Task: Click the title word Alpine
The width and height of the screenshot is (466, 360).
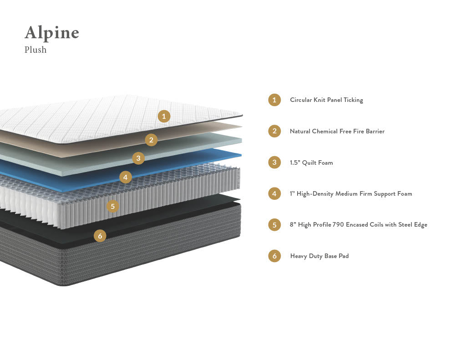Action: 52,33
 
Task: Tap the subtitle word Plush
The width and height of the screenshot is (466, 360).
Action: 35,50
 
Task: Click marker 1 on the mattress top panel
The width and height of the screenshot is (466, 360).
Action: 164,116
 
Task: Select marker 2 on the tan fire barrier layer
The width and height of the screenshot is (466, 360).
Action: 151,140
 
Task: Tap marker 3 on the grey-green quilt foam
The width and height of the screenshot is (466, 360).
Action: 138,158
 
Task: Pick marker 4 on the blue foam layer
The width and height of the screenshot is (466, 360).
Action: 126,177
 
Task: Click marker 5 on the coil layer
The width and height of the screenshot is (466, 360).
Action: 112,206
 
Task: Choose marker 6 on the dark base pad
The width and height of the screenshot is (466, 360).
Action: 100,236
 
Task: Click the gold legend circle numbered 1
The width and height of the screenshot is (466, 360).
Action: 274,100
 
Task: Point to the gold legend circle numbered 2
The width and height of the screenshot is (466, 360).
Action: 274,132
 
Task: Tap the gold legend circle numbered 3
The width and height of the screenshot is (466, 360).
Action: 274,162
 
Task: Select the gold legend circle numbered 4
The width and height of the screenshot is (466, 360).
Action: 274,194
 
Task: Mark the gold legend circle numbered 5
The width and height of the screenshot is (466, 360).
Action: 274,225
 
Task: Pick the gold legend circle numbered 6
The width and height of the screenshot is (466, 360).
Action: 274,256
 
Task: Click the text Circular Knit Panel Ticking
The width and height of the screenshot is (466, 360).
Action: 326,100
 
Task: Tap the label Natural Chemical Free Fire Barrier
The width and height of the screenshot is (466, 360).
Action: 337,132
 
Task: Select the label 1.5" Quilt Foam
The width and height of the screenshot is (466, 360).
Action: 311,162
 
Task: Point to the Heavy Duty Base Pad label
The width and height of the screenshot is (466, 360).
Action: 319,256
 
